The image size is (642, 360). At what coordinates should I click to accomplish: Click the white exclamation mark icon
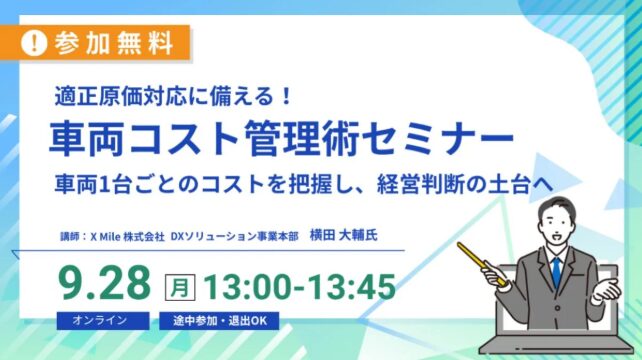(34, 43)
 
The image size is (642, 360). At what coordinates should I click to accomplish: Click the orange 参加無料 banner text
(113, 43)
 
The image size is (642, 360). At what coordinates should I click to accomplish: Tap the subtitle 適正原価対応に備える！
(173, 97)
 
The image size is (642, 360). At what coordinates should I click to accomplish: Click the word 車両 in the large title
(86, 138)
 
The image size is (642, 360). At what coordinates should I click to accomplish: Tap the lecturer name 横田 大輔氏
(344, 235)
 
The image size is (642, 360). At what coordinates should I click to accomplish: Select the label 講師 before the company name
(70, 237)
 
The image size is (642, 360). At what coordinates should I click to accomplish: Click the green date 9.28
(105, 283)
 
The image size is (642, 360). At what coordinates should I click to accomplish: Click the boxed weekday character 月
(180, 287)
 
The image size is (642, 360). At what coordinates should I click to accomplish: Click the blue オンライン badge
(103, 320)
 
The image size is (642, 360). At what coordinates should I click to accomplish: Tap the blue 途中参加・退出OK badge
(219, 320)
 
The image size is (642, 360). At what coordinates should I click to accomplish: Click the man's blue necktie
(556, 272)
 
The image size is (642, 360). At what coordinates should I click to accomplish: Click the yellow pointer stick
(482, 264)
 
